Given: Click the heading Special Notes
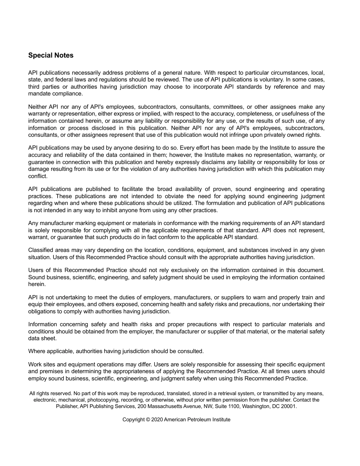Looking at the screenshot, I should [x=51, y=55].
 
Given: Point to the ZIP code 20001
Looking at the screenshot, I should [x=289, y=406].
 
